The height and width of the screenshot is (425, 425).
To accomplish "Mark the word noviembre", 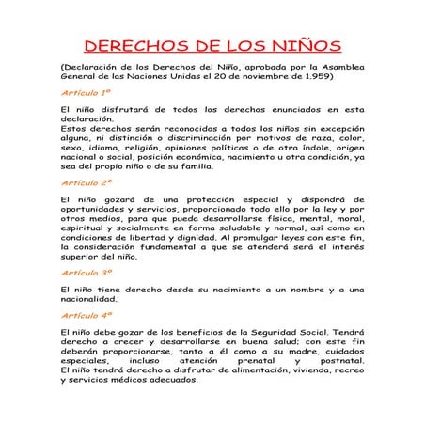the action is [268, 76].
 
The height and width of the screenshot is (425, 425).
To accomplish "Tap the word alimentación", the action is [232, 369].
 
